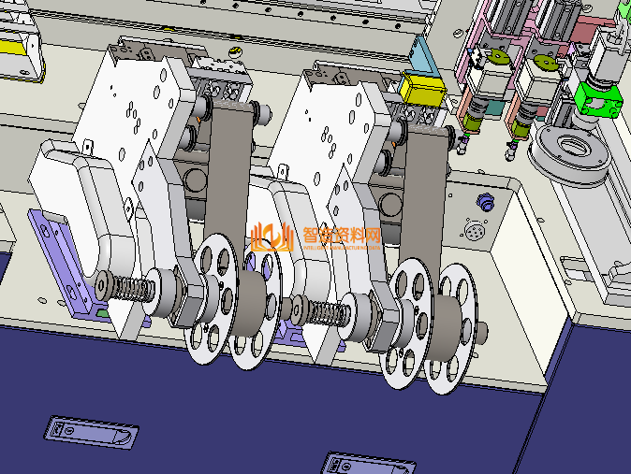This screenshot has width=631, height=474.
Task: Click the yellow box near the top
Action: [x=421, y=89]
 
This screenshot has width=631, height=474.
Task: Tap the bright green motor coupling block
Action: [x=598, y=99]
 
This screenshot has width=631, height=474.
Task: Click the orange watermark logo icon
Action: [x=271, y=237]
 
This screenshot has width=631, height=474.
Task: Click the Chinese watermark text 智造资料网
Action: [x=342, y=236]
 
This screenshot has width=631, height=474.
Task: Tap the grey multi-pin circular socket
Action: [x=475, y=230]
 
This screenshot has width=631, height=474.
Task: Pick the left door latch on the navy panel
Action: [x=92, y=433]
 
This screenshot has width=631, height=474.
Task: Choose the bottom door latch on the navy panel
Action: [x=368, y=464]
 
